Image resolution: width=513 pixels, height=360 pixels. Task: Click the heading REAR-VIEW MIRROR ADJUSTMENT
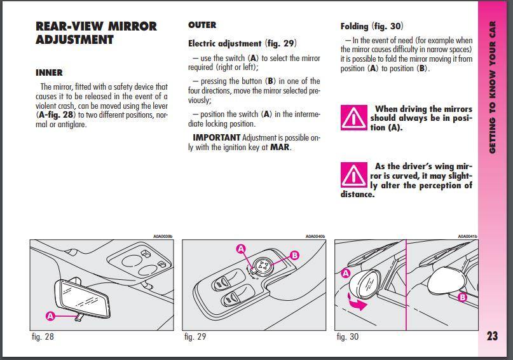click(x=96, y=33)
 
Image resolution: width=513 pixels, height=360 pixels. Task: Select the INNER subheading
click(x=49, y=73)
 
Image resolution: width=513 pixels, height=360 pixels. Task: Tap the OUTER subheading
click(x=202, y=25)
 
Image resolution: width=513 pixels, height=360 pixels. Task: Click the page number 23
click(x=493, y=336)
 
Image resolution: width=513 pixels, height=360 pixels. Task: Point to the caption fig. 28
click(x=43, y=336)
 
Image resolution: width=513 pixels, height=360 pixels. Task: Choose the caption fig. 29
click(x=195, y=336)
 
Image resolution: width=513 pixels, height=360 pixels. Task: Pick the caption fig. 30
click(x=348, y=336)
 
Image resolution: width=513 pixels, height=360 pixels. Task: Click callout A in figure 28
click(x=50, y=315)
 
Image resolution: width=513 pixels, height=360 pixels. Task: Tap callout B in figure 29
click(x=294, y=256)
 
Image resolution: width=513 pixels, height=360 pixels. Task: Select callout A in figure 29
click(x=241, y=249)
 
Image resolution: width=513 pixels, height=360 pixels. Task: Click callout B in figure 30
click(x=463, y=297)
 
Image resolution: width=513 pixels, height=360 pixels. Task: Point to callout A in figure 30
click(x=346, y=273)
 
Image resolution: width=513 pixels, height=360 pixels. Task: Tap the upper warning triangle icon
click(x=352, y=117)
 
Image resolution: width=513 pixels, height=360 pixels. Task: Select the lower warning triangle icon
click(x=352, y=175)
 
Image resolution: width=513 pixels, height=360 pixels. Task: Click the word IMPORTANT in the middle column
click(x=216, y=137)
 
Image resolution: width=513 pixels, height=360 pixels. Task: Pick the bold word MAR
click(x=280, y=148)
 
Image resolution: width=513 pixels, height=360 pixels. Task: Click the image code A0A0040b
click(x=315, y=237)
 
